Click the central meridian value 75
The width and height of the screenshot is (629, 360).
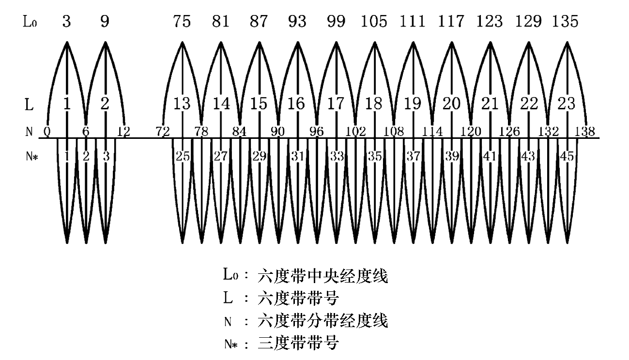(182, 22)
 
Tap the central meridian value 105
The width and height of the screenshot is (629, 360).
(374, 22)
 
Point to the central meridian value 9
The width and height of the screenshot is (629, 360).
(105, 22)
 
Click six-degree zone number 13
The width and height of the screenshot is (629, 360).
(182, 104)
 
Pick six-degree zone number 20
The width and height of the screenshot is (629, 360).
(451, 104)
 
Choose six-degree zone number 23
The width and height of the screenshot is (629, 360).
(567, 104)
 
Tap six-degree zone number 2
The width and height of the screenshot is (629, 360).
(105, 104)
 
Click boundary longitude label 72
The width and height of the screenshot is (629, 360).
(163, 131)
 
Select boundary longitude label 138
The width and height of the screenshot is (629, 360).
(585, 131)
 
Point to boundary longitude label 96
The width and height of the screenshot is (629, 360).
(317, 131)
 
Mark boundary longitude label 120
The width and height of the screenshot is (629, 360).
(471, 131)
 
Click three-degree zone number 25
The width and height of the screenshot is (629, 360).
(183, 156)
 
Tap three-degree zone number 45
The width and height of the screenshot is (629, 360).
(567, 156)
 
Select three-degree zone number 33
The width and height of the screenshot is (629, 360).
(336, 156)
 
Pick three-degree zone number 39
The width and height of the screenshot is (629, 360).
(452, 156)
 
